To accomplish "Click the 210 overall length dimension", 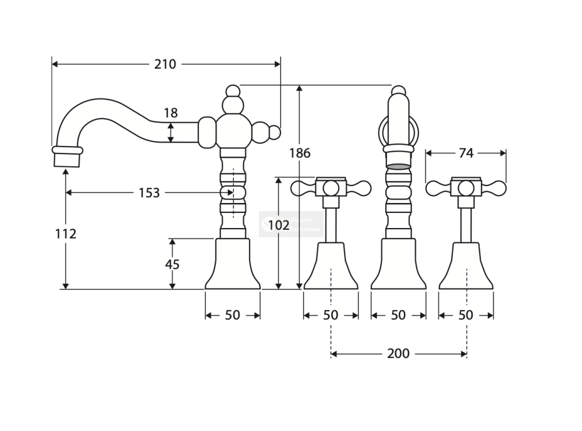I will click(x=165, y=64).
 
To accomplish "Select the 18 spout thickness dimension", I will click(x=171, y=113).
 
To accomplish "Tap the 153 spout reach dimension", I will click(x=149, y=193).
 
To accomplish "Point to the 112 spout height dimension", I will click(x=66, y=234).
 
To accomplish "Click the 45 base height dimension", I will click(x=172, y=264).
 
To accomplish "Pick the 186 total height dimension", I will click(x=300, y=153).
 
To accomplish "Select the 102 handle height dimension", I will click(x=279, y=225).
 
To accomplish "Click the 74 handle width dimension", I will click(x=466, y=153).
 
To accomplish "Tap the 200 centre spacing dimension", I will click(x=398, y=353).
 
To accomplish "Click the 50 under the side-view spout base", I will click(x=232, y=315).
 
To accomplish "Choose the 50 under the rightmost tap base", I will click(x=466, y=315).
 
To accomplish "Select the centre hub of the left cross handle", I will click(x=331, y=188).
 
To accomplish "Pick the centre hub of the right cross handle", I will click(x=466, y=188).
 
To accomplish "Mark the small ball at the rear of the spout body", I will click(x=274, y=133).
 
